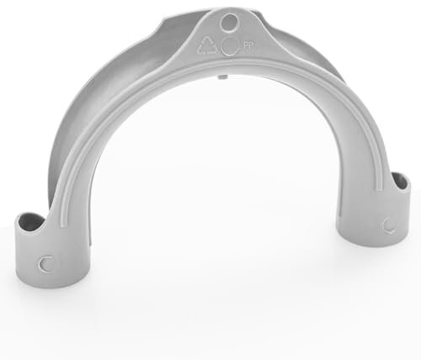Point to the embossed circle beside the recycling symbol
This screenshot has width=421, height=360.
click(x=231, y=46)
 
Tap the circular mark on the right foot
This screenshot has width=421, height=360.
click(x=388, y=225)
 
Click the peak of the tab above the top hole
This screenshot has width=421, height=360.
click(x=230, y=7)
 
